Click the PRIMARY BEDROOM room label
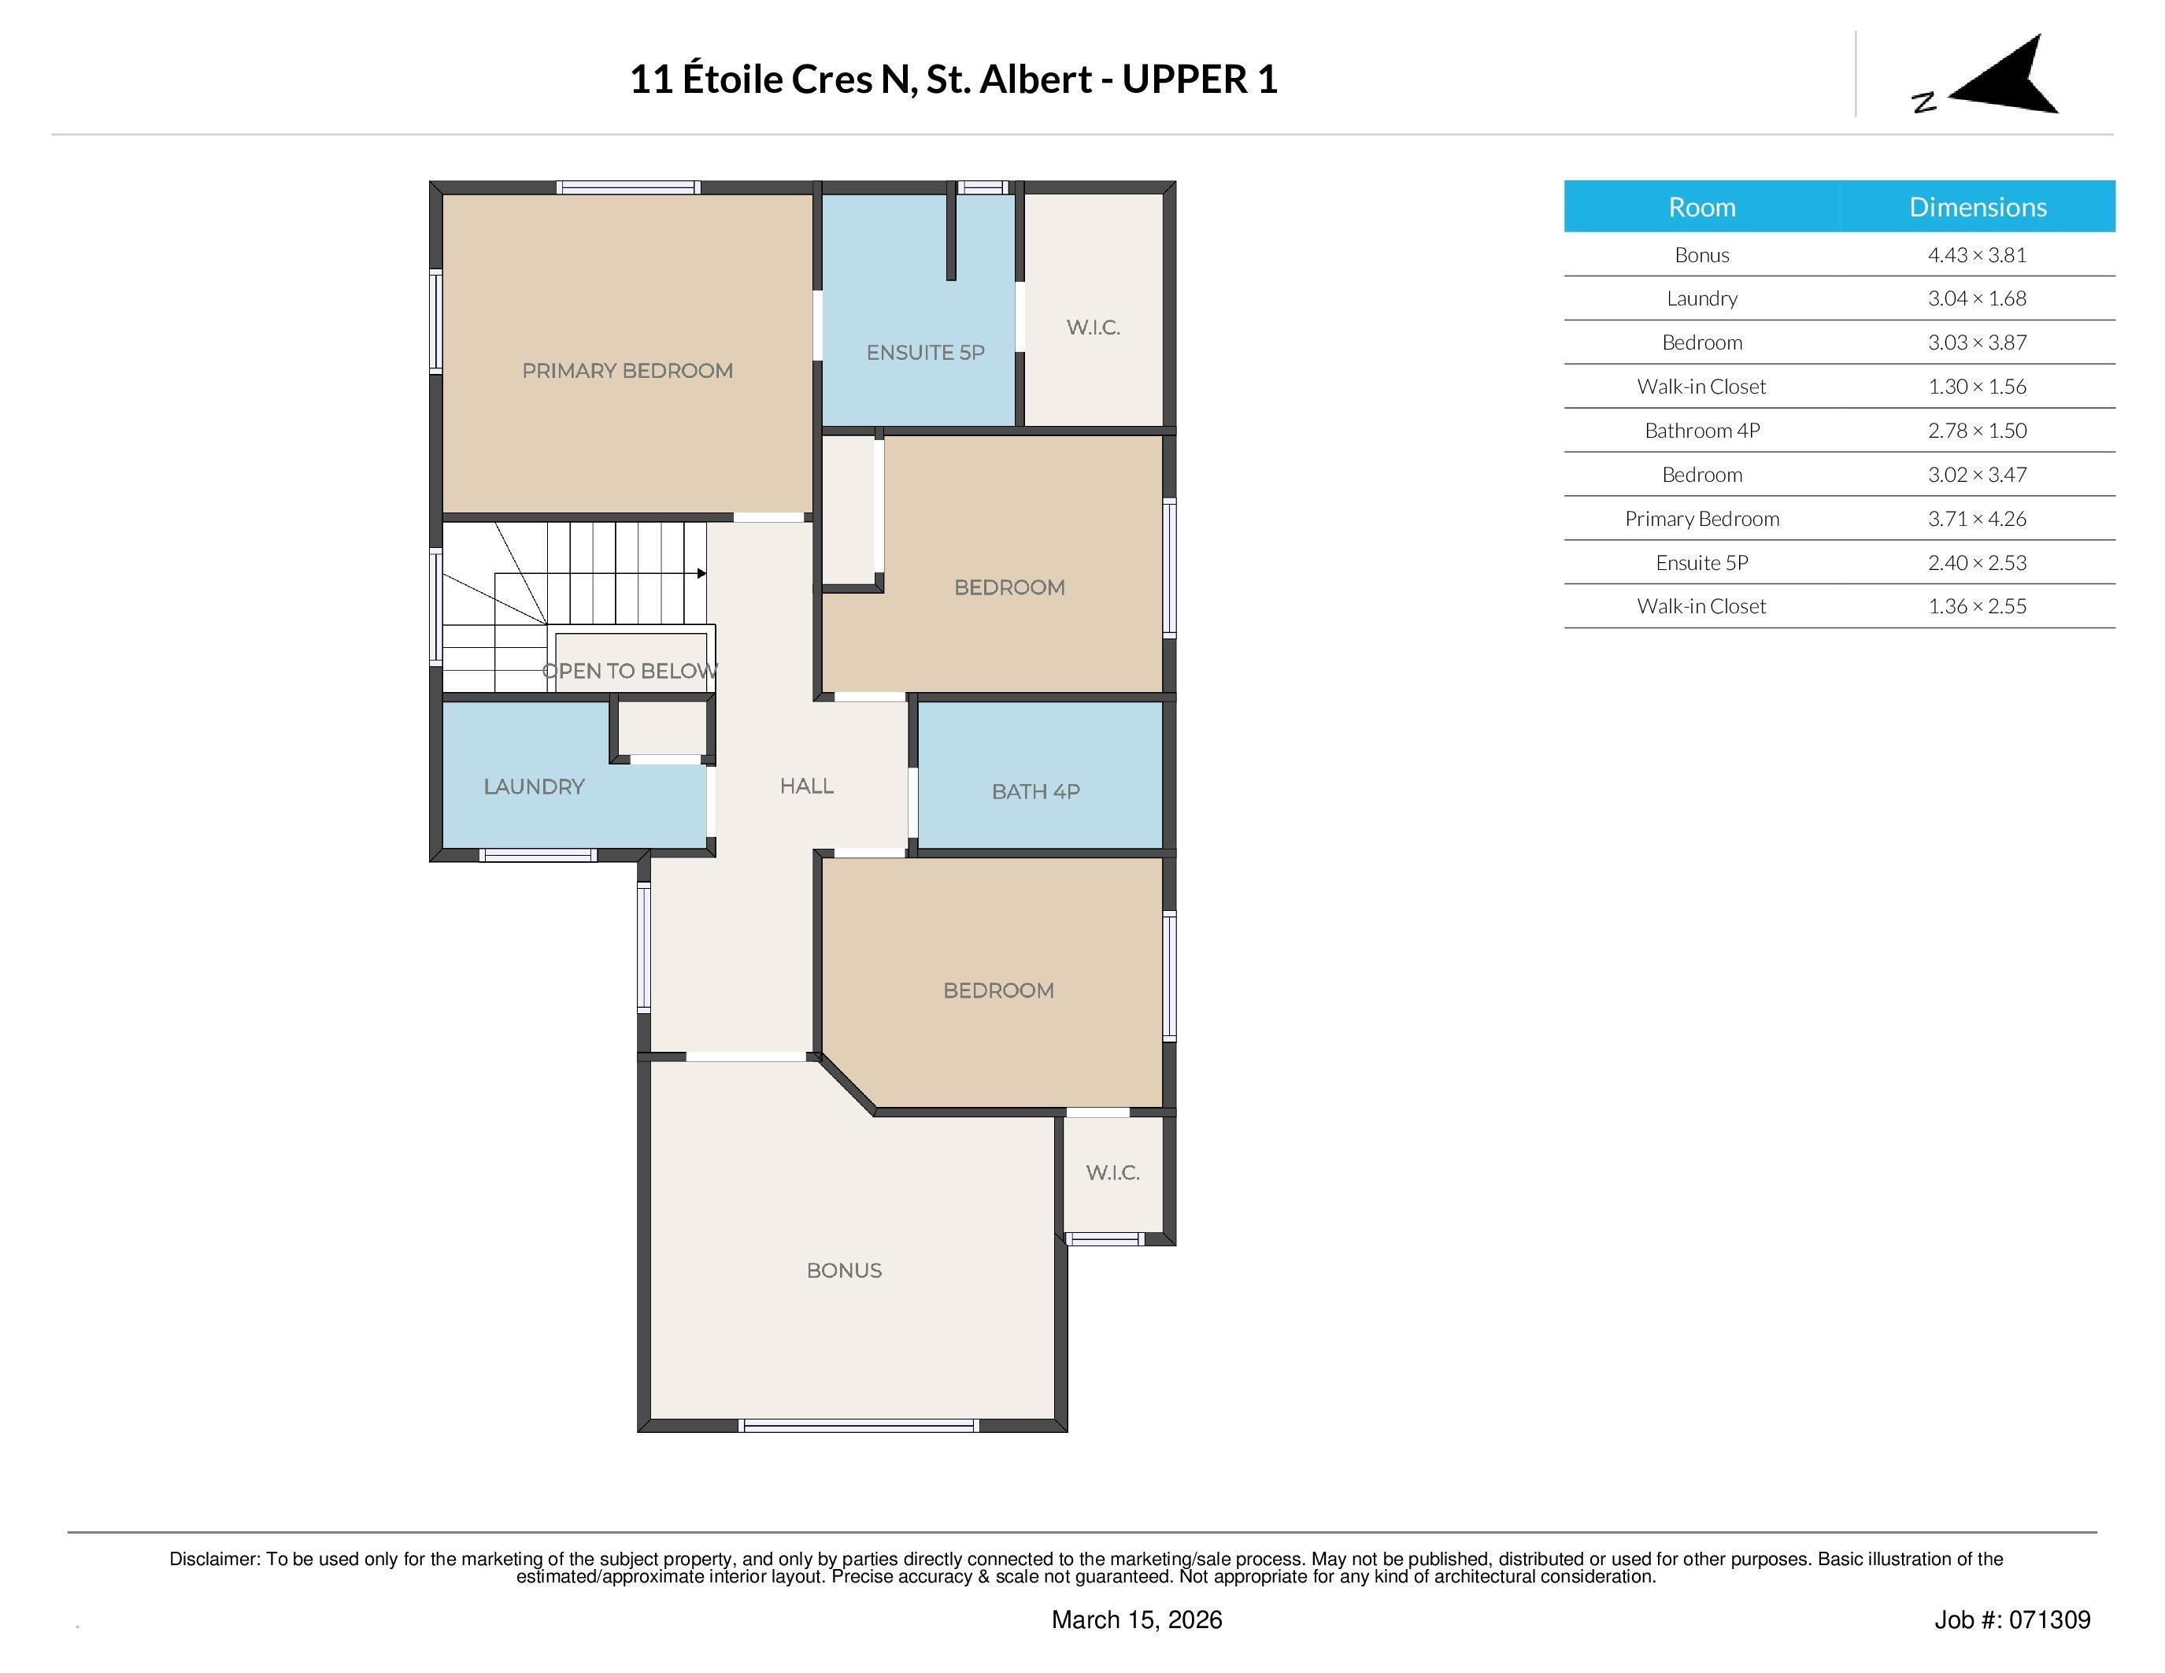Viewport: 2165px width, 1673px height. [627, 371]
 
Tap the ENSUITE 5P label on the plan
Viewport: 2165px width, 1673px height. [925, 353]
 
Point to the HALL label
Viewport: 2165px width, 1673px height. [806, 786]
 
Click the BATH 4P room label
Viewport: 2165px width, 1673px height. [1035, 792]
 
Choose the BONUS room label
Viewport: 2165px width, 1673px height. [844, 1271]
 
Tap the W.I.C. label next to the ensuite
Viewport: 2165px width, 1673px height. [1093, 328]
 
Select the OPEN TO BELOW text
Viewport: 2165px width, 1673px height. [631, 671]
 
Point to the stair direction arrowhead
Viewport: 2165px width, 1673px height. [701, 574]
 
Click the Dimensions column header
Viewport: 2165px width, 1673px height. [1977, 207]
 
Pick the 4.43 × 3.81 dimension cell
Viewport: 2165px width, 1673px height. [1977, 255]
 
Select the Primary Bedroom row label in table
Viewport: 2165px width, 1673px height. [1701, 518]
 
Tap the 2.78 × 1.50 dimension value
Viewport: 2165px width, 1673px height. [1977, 430]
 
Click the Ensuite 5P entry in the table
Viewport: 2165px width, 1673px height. [1701, 563]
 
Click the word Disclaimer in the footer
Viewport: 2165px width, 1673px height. [213, 1559]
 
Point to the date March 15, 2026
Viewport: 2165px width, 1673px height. [1136, 1620]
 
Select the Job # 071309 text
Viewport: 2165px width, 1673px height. [2011, 1620]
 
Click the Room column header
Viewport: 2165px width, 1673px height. [1701, 207]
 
